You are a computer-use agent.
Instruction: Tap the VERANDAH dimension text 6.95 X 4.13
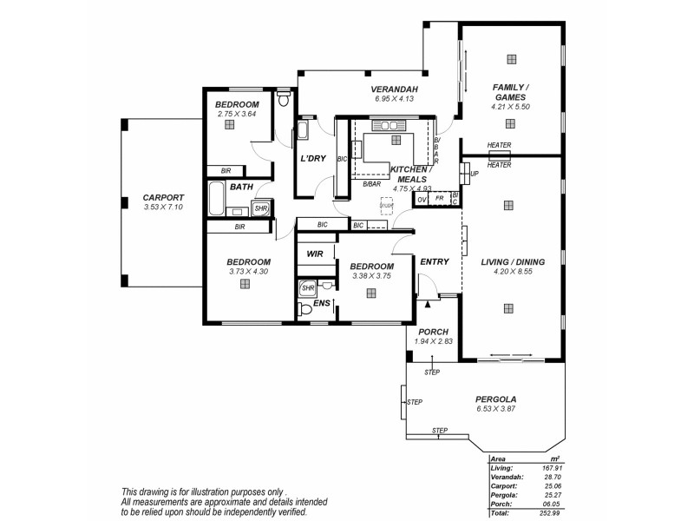coord(395,99)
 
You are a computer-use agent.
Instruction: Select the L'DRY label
coord(313,159)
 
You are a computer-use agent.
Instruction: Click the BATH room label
coord(241,186)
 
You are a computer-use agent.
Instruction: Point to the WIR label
coord(313,254)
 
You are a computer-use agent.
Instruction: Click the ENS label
coord(321,303)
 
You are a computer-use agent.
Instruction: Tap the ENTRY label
coord(435,262)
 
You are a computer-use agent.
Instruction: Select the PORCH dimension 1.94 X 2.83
coord(435,341)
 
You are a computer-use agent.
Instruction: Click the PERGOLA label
coord(496,399)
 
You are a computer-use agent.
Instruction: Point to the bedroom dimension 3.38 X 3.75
coord(372,276)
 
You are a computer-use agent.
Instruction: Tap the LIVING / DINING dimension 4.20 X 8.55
coord(511,272)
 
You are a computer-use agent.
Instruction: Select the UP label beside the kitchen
coord(474,174)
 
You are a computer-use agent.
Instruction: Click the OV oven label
coord(422,199)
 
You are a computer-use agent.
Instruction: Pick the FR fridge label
coord(440,199)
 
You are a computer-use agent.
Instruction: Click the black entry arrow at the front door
coord(427,295)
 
